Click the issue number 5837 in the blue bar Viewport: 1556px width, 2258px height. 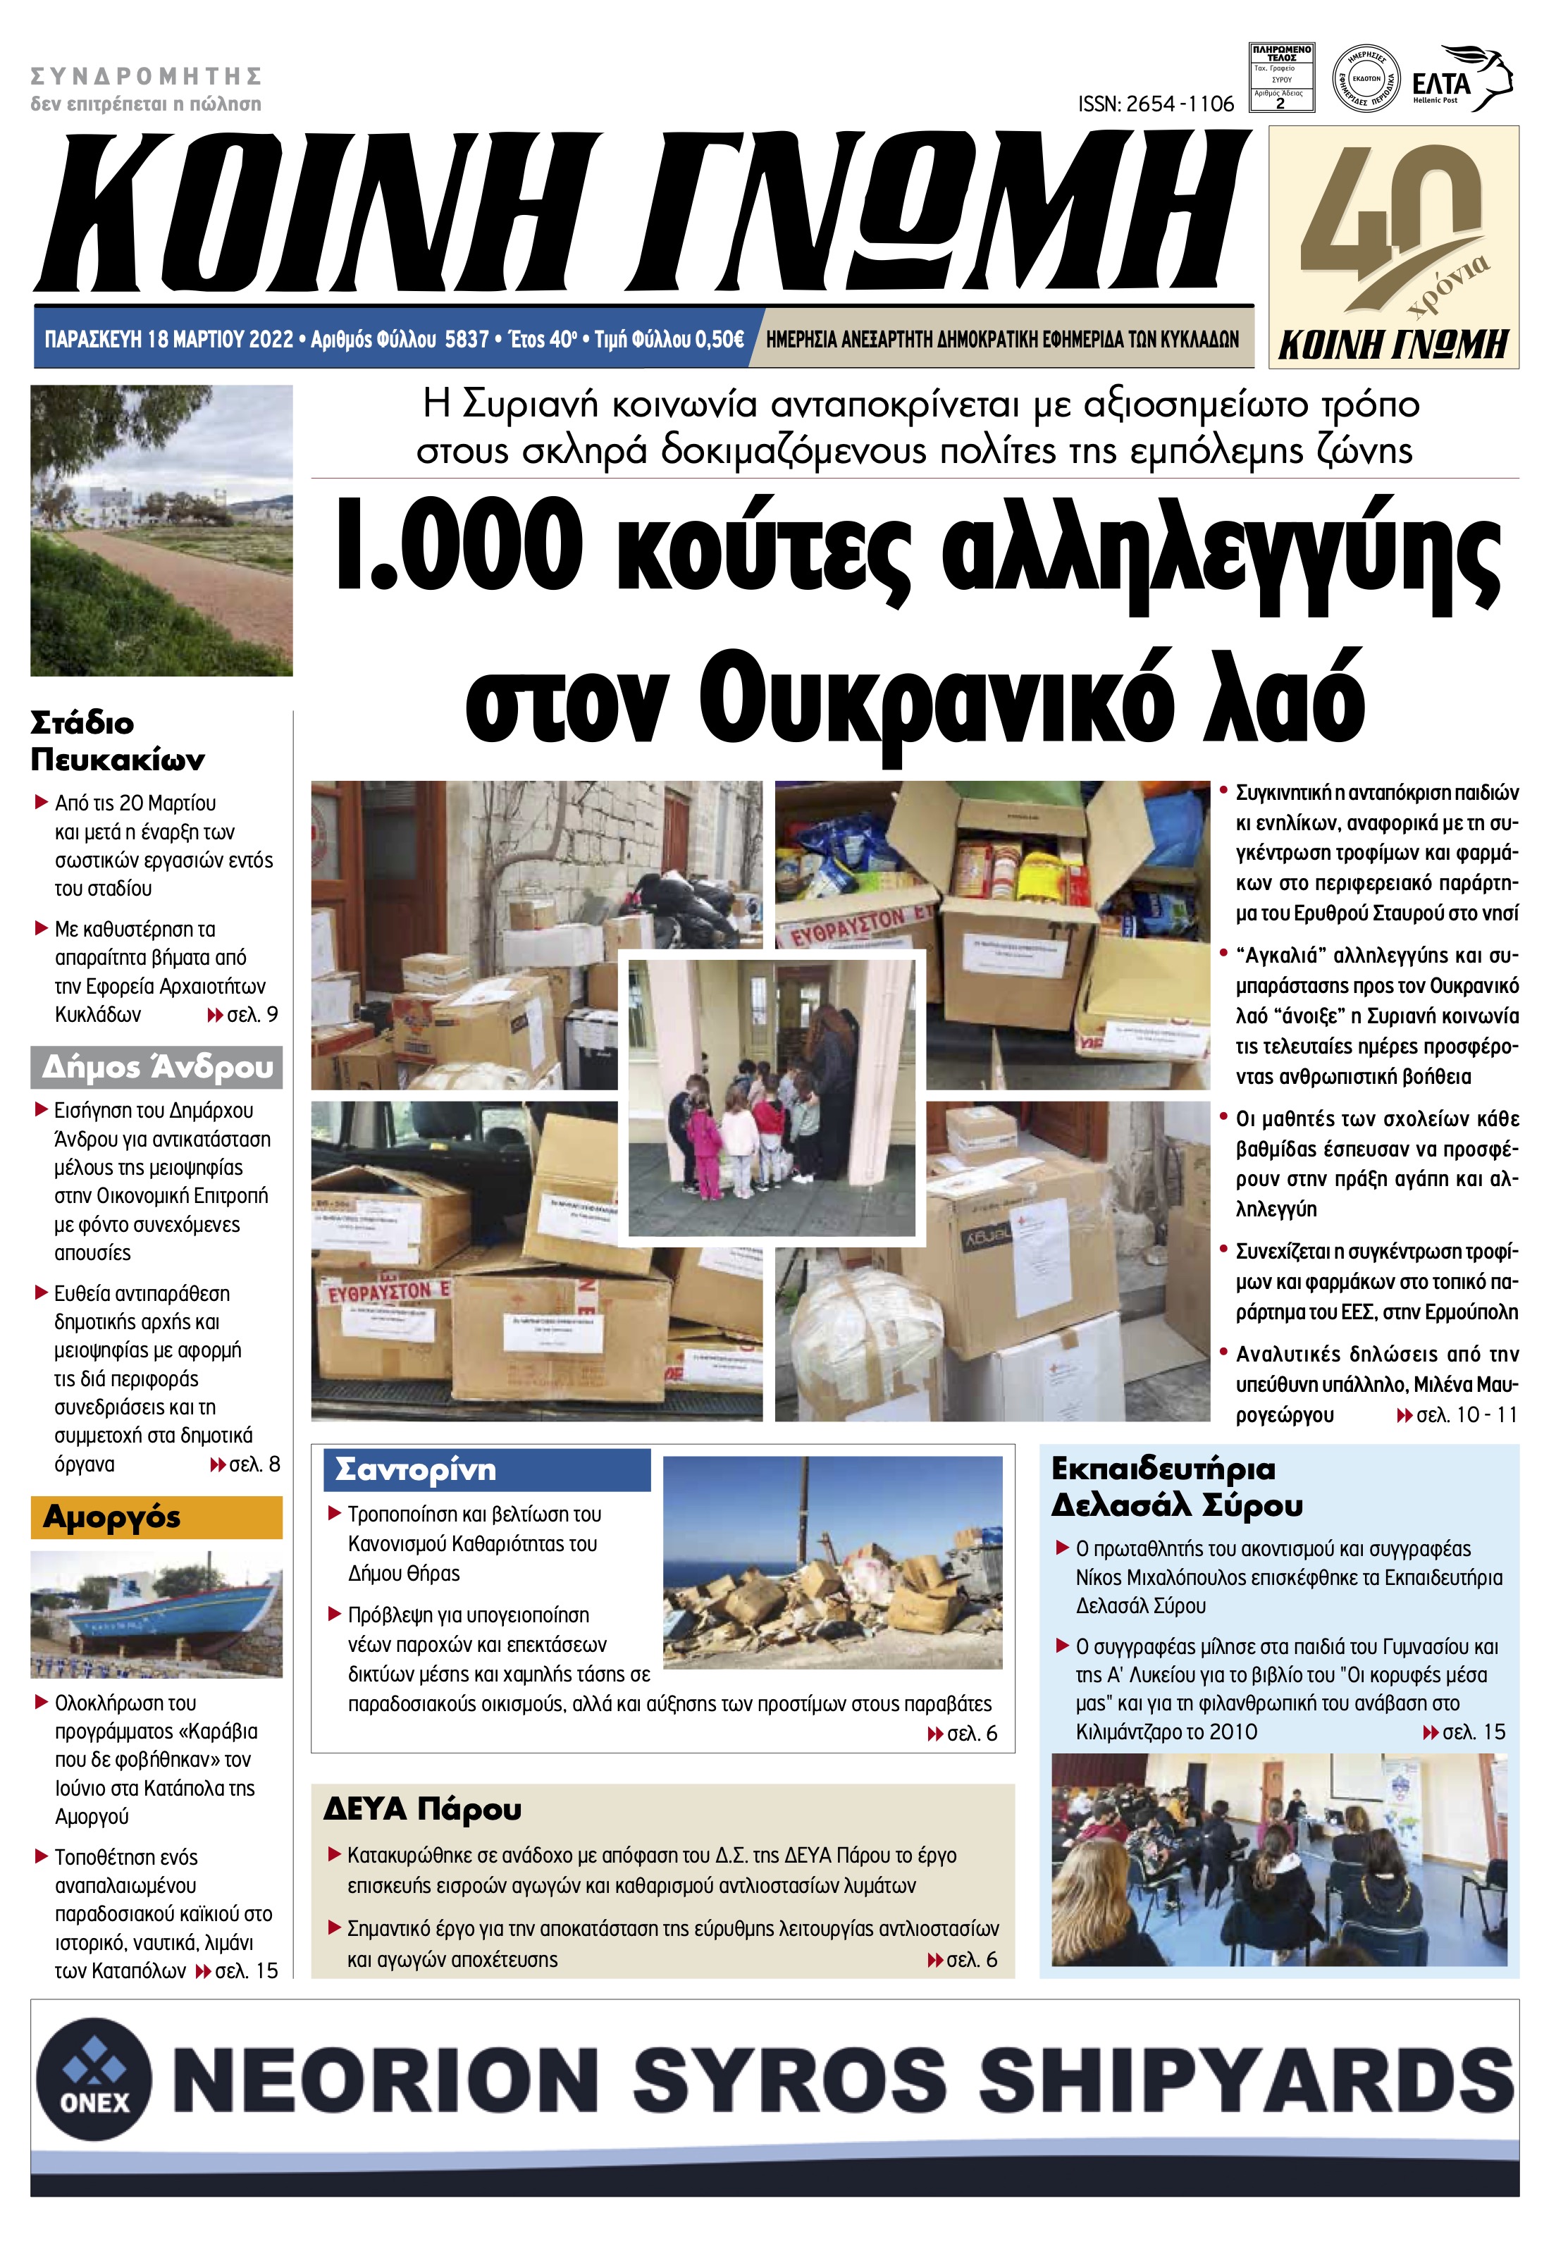(x=466, y=339)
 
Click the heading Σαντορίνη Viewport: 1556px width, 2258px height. (x=415, y=1469)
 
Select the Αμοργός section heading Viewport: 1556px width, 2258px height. (x=112, y=1518)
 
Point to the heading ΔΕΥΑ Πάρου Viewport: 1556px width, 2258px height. (x=422, y=1810)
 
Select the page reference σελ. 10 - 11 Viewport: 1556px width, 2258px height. (x=1465, y=1414)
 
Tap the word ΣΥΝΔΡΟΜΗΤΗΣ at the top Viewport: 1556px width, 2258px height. (x=147, y=76)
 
